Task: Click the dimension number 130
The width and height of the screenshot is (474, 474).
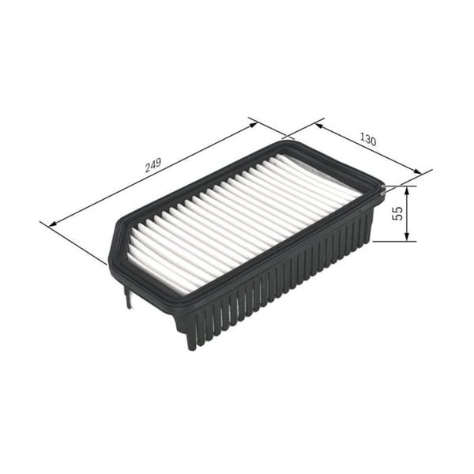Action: [x=367, y=140]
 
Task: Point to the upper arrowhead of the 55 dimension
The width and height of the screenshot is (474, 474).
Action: [x=408, y=190]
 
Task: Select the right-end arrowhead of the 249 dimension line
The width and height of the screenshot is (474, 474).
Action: [x=254, y=122]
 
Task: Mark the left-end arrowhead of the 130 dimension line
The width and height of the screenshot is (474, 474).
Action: [x=319, y=122]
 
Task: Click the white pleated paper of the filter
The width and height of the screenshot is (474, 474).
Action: [x=237, y=213]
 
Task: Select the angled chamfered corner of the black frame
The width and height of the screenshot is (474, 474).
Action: [x=115, y=245]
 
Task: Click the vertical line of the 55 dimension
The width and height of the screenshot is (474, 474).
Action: [x=408, y=213]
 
